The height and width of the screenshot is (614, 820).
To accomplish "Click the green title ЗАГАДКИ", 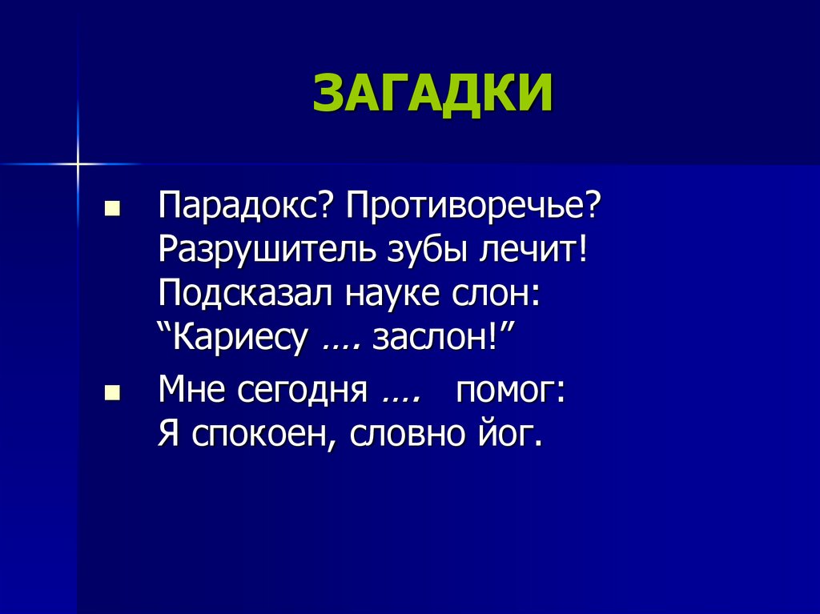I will point(432,94).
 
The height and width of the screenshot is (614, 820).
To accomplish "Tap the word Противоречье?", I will point(473,208).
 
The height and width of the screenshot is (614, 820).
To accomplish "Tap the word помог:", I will point(512,393).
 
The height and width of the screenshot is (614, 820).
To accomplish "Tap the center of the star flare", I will point(78,164).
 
